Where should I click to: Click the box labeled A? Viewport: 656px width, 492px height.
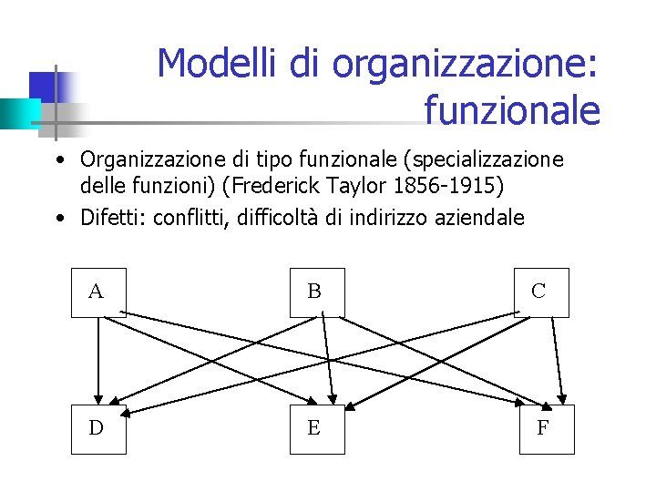(x=98, y=292)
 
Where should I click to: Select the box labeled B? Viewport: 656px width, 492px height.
(x=317, y=292)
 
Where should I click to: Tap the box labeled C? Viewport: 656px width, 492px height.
(x=541, y=292)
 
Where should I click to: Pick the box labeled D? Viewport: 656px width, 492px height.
(x=98, y=428)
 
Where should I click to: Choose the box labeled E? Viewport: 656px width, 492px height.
(x=317, y=428)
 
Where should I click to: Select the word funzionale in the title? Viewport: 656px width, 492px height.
(x=512, y=111)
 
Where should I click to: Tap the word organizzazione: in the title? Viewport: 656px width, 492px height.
(x=466, y=64)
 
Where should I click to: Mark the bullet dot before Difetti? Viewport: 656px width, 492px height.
(x=58, y=219)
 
